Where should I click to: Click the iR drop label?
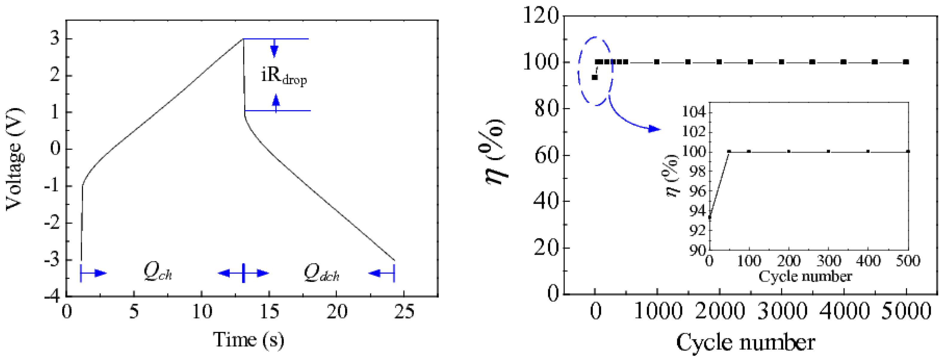(x=284, y=76)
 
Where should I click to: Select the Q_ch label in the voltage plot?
(x=158, y=272)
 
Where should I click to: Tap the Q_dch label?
(x=322, y=273)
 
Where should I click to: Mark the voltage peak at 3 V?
(x=242, y=39)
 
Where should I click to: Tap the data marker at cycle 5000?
(x=906, y=62)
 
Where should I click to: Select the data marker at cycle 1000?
(x=657, y=62)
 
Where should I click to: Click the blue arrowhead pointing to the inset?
(x=655, y=129)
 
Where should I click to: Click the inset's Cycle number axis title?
(x=805, y=277)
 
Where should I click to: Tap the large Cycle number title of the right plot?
(x=746, y=342)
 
